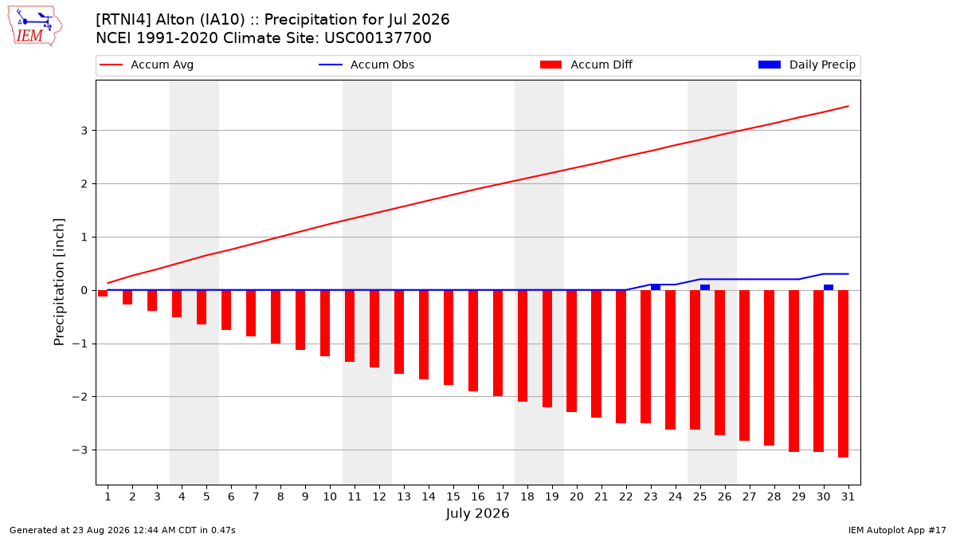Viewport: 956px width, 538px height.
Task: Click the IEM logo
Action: click(35, 26)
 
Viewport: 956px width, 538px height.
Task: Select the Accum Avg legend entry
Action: click(147, 65)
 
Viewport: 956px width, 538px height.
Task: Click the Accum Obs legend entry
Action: click(366, 65)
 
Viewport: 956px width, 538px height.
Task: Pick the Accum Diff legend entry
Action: click(586, 65)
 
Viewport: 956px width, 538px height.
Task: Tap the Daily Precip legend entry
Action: click(806, 65)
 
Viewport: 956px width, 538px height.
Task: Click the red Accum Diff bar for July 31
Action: click(844, 374)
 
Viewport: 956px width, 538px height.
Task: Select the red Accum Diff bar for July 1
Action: click(103, 293)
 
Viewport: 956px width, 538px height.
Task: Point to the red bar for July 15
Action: click(448, 337)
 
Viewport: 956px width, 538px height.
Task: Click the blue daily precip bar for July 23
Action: click(656, 288)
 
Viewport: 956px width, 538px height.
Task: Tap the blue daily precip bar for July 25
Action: click(705, 288)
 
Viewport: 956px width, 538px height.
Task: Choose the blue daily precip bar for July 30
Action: click(829, 288)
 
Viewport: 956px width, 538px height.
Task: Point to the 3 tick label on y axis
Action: click(84, 131)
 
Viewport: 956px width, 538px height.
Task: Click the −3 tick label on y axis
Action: click(80, 450)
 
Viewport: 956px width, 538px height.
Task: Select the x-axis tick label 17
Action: click(503, 497)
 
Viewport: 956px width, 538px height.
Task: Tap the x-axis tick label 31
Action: click(848, 497)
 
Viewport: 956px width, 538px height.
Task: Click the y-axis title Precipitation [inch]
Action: click(59, 282)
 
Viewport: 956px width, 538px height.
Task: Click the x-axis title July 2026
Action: click(477, 513)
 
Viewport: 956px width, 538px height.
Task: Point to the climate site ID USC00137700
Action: click(378, 38)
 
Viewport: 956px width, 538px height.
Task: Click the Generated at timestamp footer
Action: click(123, 530)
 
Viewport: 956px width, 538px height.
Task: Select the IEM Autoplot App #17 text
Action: click(897, 530)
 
